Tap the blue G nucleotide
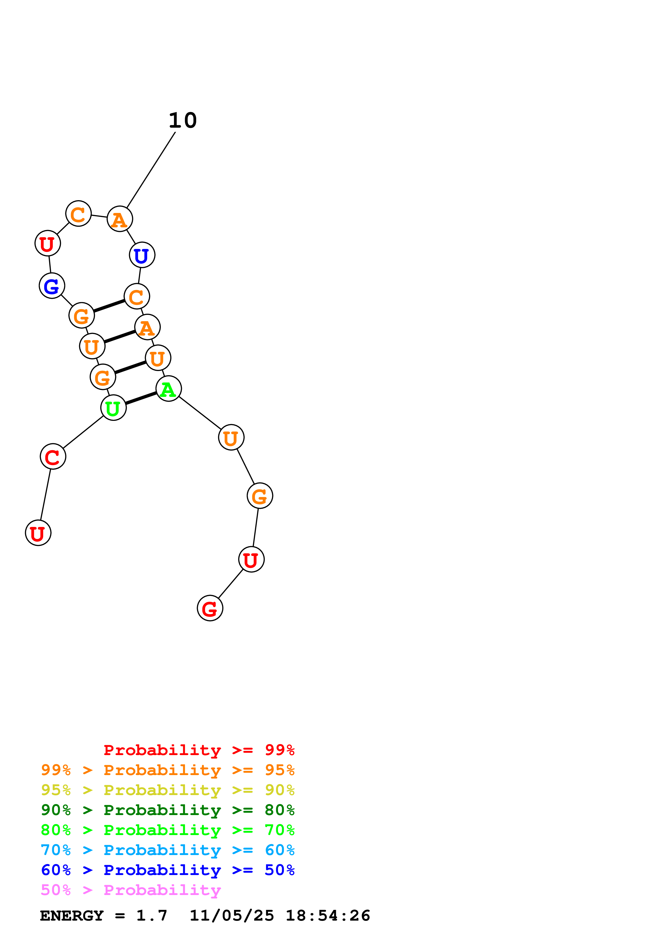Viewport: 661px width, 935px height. point(52,286)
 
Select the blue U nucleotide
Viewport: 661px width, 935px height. point(142,255)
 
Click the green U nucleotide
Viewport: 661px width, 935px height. point(113,408)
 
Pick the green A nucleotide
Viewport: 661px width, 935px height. point(168,389)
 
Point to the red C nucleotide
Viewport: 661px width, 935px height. point(53,457)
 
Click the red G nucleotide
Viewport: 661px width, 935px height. point(210,608)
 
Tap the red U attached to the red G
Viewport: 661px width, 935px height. point(251,559)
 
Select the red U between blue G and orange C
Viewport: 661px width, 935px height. point(48,244)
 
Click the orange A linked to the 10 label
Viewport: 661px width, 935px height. point(119,219)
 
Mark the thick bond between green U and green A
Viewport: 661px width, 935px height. point(141,398)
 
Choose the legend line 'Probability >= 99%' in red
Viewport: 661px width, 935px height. point(199,750)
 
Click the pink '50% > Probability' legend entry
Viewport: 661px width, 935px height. point(131,890)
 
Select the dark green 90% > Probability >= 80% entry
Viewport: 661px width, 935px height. point(167,810)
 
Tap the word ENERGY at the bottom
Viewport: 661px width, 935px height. point(72,916)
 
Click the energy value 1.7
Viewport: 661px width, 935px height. point(151,916)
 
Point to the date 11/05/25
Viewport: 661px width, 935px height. point(232,916)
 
